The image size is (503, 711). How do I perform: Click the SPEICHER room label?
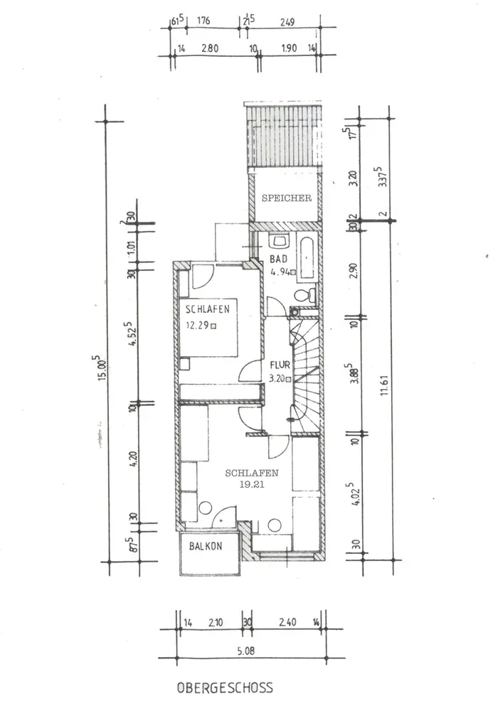(287, 198)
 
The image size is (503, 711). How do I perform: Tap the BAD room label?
(278, 259)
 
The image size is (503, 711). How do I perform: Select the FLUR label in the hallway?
(280, 365)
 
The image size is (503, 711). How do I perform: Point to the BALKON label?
(206, 546)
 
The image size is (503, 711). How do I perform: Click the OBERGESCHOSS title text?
(225, 688)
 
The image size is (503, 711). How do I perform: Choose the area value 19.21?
(252, 484)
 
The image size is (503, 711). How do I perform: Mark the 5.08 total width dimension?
(246, 651)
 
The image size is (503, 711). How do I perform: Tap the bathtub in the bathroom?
(307, 258)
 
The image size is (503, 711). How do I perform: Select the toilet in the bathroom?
(305, 295)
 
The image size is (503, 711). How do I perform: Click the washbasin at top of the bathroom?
(279, 240)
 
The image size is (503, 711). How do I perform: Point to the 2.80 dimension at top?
(210, 48)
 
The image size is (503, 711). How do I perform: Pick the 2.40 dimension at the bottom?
(287, 622)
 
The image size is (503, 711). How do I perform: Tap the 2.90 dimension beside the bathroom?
(354, 271)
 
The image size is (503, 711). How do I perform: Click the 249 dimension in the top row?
(287, 21)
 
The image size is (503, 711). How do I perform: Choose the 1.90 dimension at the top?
(290, 48)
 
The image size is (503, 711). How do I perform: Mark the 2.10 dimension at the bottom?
(216, 623)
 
